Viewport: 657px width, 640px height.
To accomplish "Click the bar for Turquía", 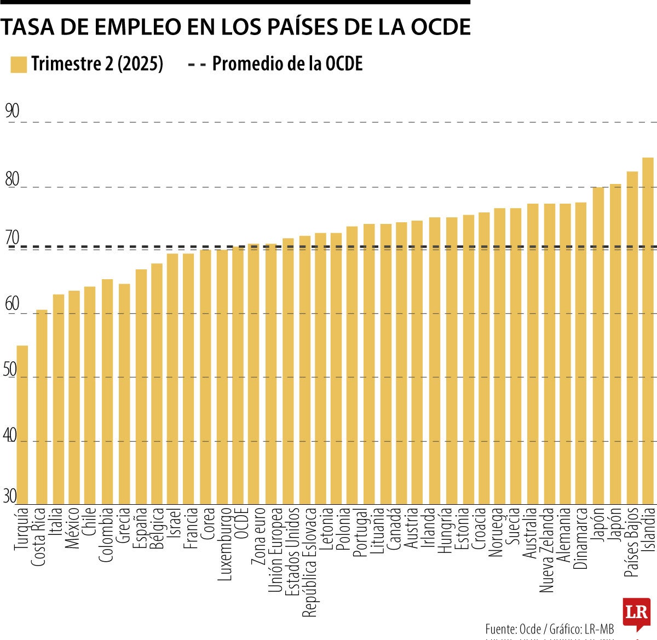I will tap(22, 424).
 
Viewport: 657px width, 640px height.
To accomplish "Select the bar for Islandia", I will tap(648, 331).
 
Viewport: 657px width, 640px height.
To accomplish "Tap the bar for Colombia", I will tap(107, 391).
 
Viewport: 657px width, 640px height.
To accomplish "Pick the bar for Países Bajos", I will tap(632, 338).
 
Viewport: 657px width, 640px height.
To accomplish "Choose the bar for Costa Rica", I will tap(42, 407).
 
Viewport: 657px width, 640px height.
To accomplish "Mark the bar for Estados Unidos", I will tap(288, 371).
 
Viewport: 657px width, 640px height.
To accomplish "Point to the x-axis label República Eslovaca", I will tap(310, 562).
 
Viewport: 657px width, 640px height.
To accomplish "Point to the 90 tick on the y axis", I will tap(11, 111).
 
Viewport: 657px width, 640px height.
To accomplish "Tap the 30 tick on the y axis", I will tap(10, 497).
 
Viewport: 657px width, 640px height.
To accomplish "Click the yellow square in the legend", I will tap(19, 64).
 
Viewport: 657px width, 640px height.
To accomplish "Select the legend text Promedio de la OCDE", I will tap(287, 64).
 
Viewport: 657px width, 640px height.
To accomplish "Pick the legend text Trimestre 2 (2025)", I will tap(97, 64).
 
